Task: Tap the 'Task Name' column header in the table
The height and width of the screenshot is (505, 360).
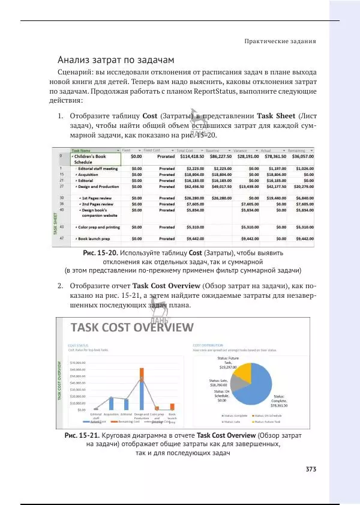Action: [82, 150]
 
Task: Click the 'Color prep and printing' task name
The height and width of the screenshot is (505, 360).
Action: [99, 228]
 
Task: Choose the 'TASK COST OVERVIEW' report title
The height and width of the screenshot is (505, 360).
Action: [132, 328]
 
